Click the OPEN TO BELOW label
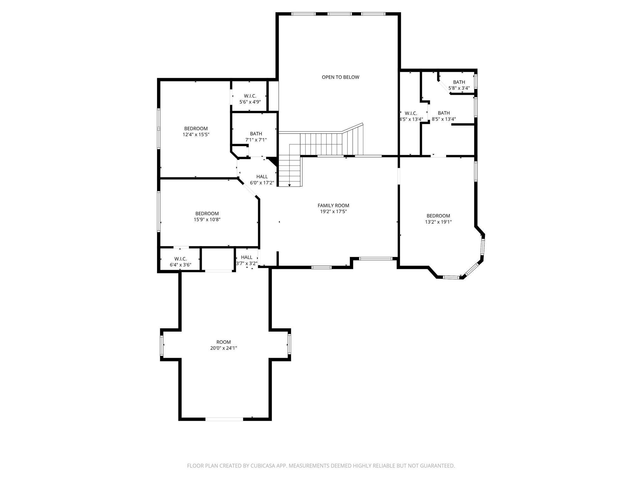340,77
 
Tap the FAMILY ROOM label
333,206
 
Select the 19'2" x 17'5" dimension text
333,212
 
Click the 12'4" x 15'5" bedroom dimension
196,135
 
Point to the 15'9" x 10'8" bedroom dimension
207,220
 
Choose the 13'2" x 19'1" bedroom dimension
438,222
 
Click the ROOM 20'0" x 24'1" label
224,345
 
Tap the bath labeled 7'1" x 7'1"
256,137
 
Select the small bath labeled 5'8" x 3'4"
459,85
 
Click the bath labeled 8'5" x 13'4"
444,116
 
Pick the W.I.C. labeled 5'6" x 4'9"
250,99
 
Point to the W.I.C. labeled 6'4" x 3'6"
180,262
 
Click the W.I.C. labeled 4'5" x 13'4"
411,116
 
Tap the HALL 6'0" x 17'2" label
262,179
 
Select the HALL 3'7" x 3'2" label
247,260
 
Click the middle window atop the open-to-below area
340,14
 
